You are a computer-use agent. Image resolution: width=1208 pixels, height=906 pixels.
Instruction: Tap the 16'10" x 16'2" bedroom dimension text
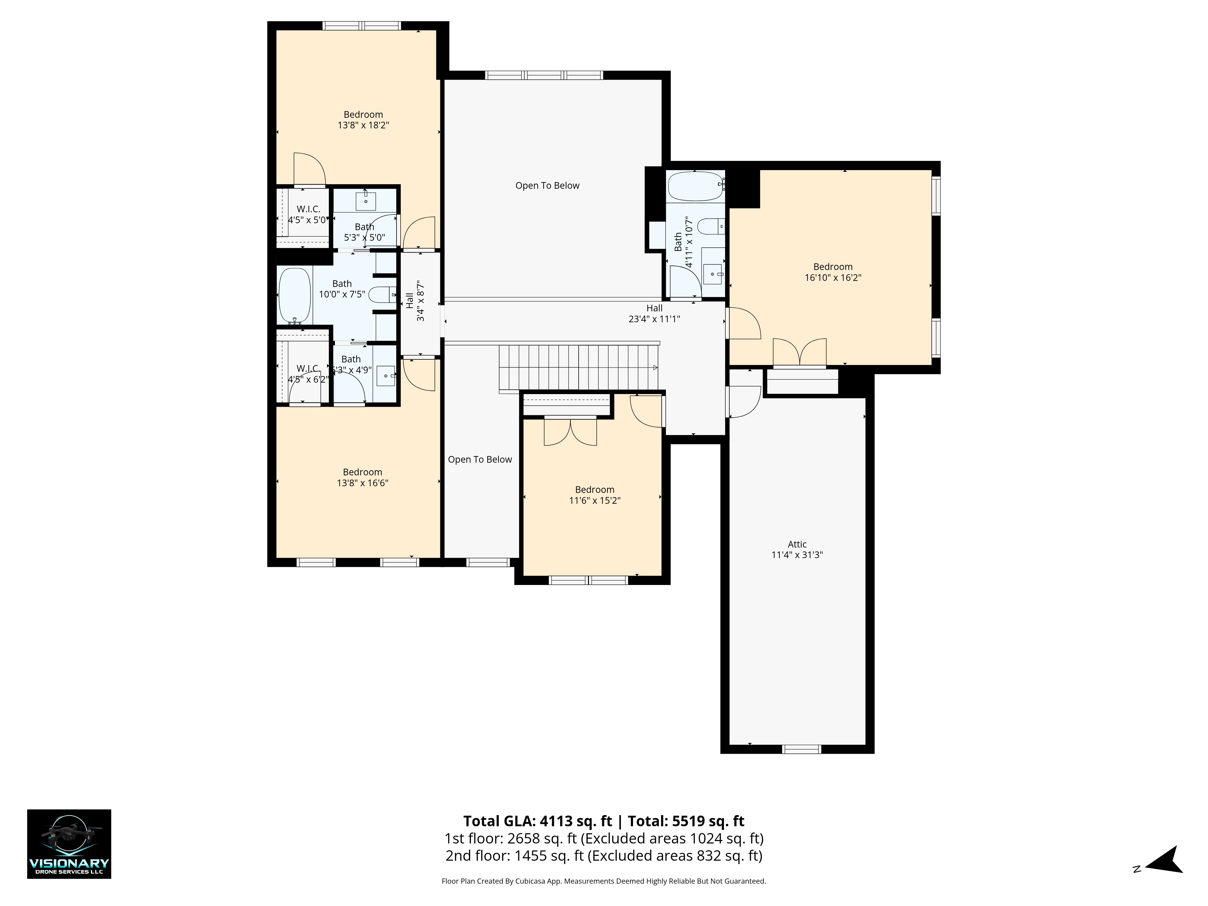[x=833, y=278]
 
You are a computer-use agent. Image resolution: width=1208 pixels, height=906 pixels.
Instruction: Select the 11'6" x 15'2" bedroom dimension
[x=595, y=500]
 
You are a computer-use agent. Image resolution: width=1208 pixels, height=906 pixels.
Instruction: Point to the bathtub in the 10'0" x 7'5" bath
[x=295, y=297]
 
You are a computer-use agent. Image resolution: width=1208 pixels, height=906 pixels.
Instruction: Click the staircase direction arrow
[x=655, y=368]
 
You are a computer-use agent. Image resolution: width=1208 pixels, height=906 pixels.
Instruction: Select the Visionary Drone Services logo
[x=69, y=844]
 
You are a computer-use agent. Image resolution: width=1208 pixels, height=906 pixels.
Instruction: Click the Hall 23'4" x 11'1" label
[x=654, y=313]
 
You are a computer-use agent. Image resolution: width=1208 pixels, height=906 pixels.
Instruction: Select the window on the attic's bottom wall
[x=802, y=749]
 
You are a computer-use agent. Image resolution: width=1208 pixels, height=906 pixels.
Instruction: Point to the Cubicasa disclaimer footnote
[x=603, y=881]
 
